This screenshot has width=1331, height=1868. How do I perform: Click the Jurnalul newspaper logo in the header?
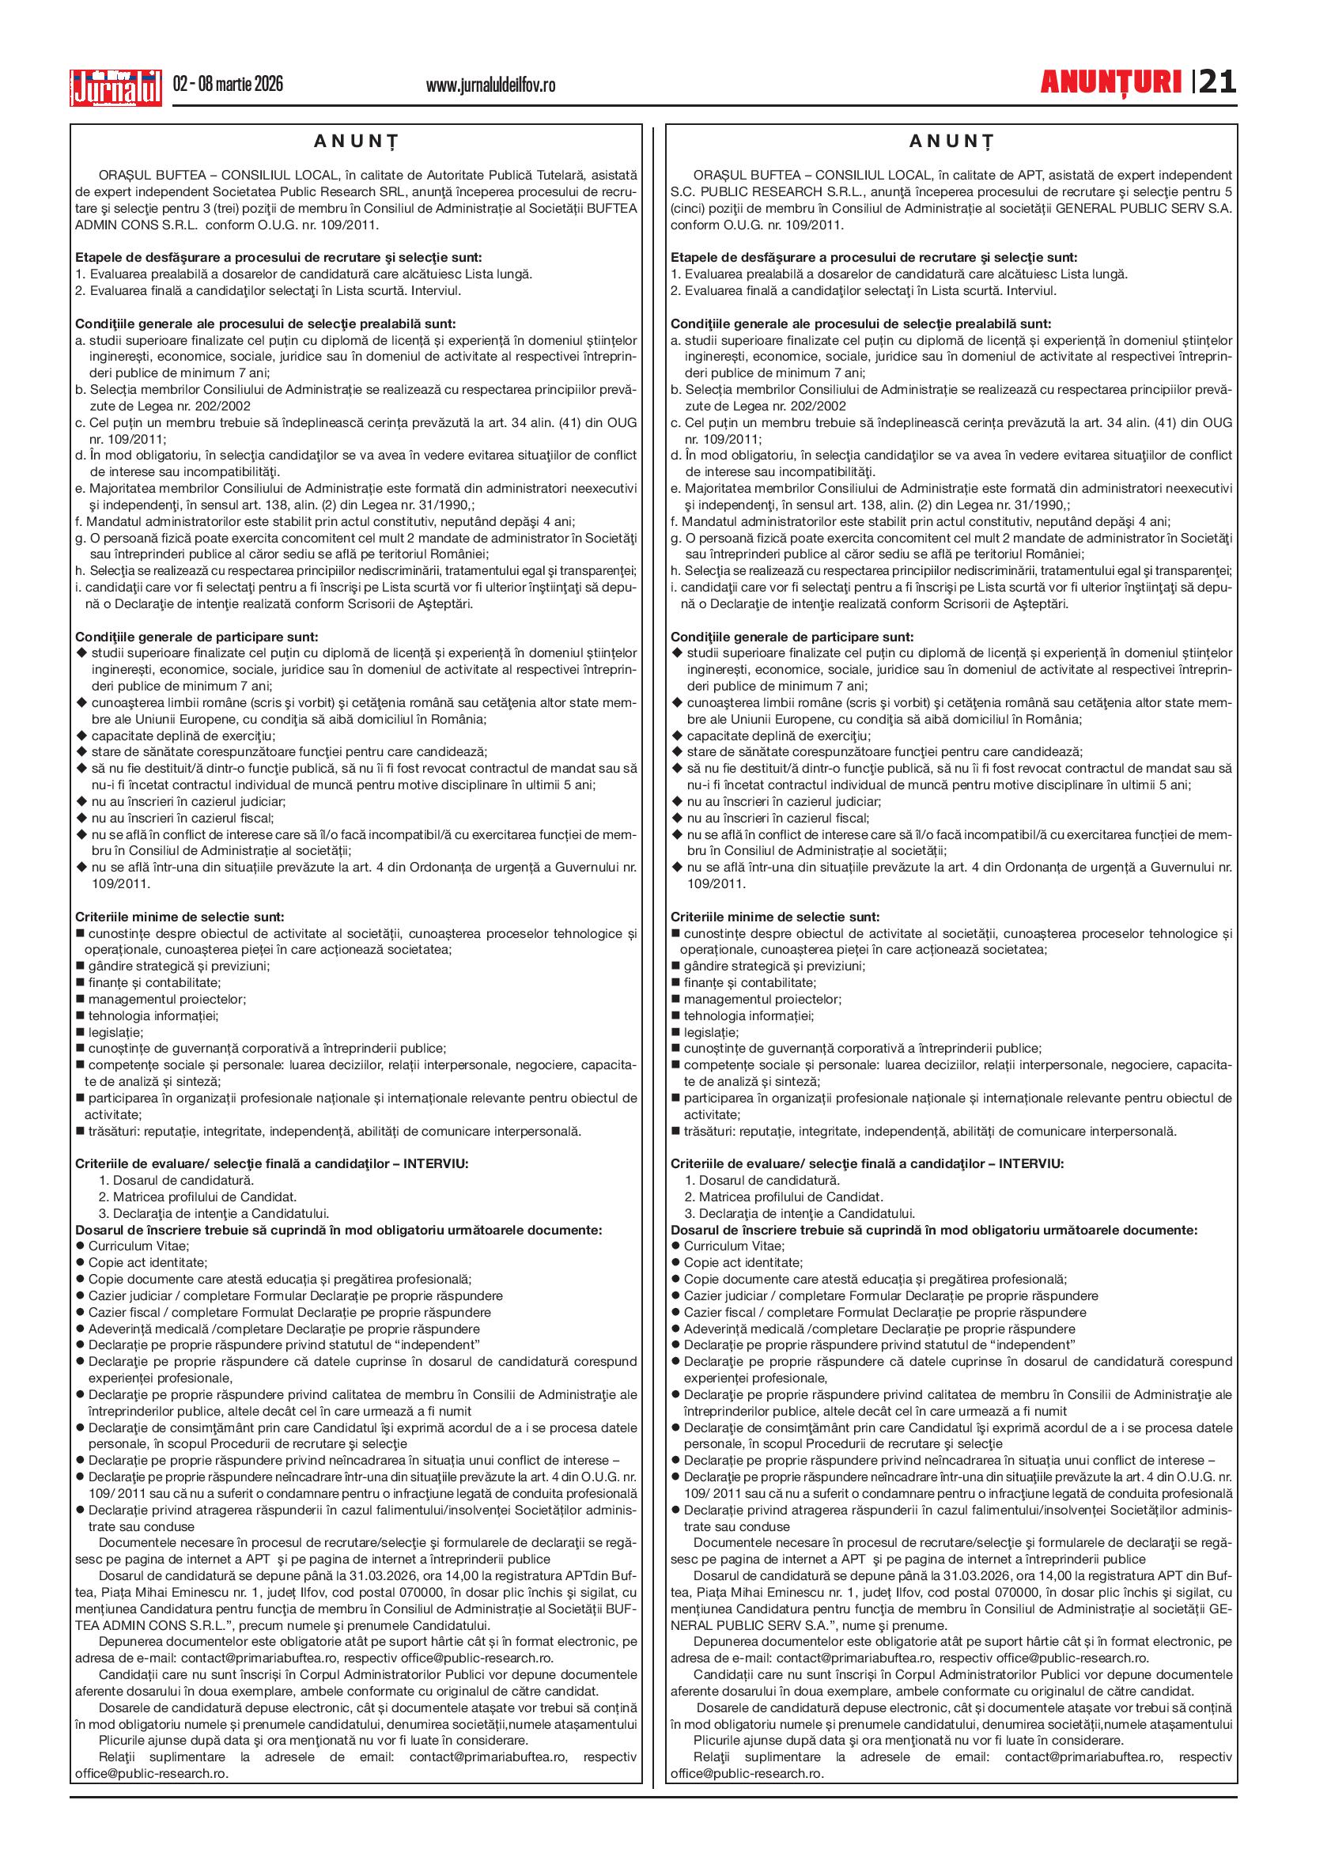tap(115, 86)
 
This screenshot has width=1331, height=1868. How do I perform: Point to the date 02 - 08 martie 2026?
tap(228, 84)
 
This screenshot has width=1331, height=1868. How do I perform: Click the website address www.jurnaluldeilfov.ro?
tap(490, 85)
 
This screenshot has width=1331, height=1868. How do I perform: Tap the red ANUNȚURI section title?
tap(1110, 82)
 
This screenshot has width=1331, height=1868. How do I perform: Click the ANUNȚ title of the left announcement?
tap(356, 141)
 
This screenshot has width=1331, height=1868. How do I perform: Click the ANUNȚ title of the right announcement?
tap(951, 141)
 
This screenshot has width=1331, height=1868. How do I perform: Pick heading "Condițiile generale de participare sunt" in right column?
tap(792, 637)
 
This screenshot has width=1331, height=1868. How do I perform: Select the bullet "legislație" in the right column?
tap(710, 1032)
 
